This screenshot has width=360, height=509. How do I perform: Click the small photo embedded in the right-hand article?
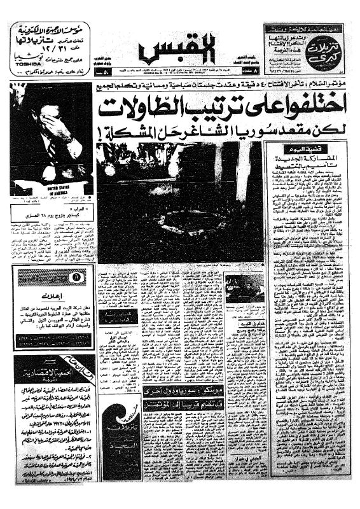(245, 288)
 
